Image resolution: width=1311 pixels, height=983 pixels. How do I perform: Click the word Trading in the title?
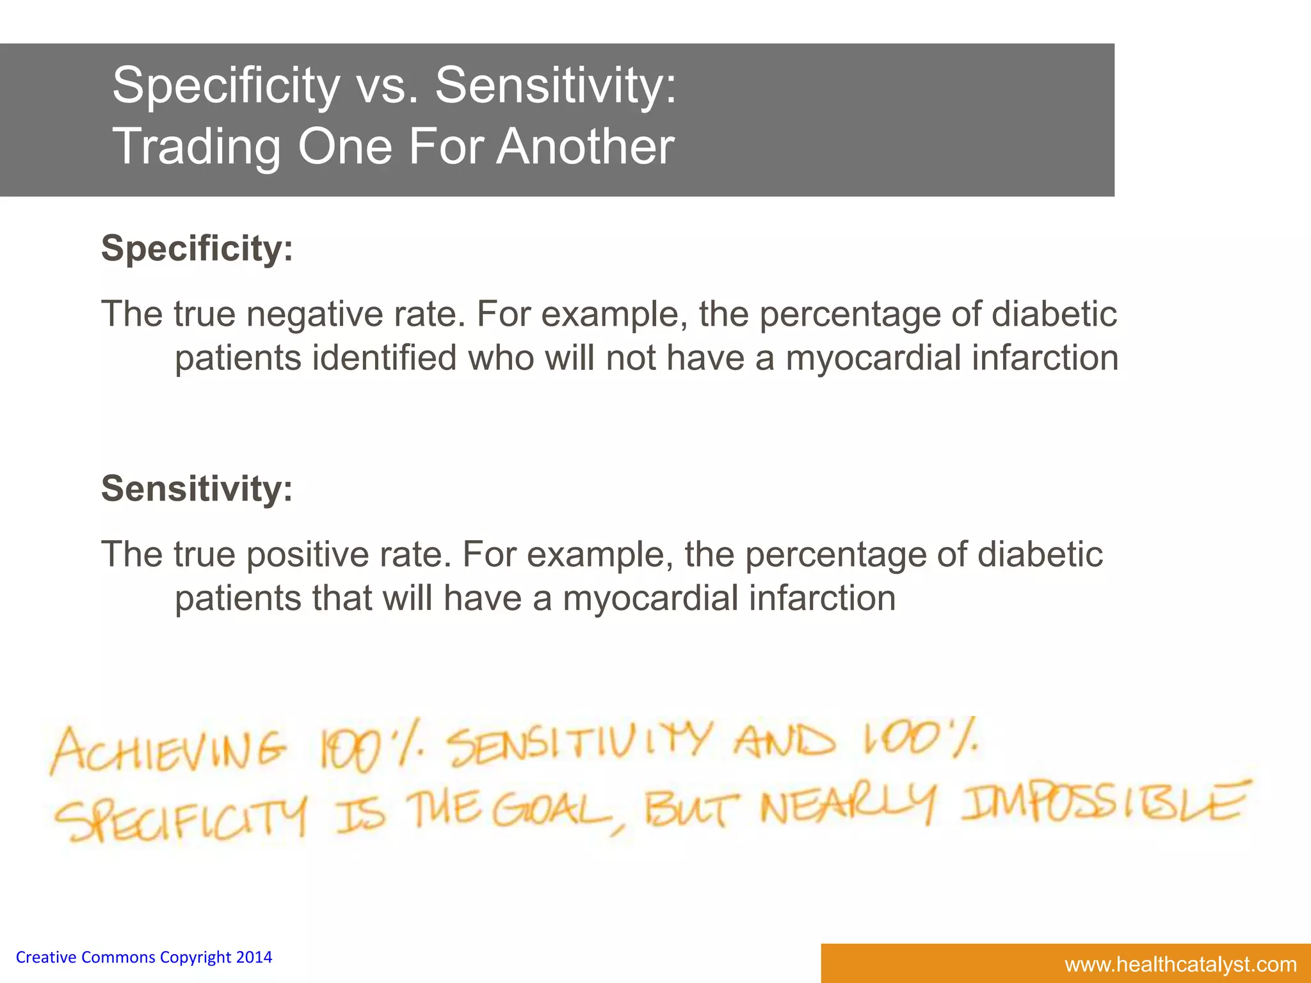click(x=197, y=147)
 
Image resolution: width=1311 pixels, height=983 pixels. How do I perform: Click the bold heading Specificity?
click(x=197, y=248)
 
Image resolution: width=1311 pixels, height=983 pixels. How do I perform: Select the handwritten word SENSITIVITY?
click(x=579, y=746)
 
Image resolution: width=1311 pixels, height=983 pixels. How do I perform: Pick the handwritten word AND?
click(x=784, y=742)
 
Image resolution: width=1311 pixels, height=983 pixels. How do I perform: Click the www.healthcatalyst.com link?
click(x=1180, y=964)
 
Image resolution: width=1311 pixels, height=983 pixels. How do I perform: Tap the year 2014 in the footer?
click(x=254, y=957)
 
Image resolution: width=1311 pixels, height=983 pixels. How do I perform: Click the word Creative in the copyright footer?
click(x=46, y=957)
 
